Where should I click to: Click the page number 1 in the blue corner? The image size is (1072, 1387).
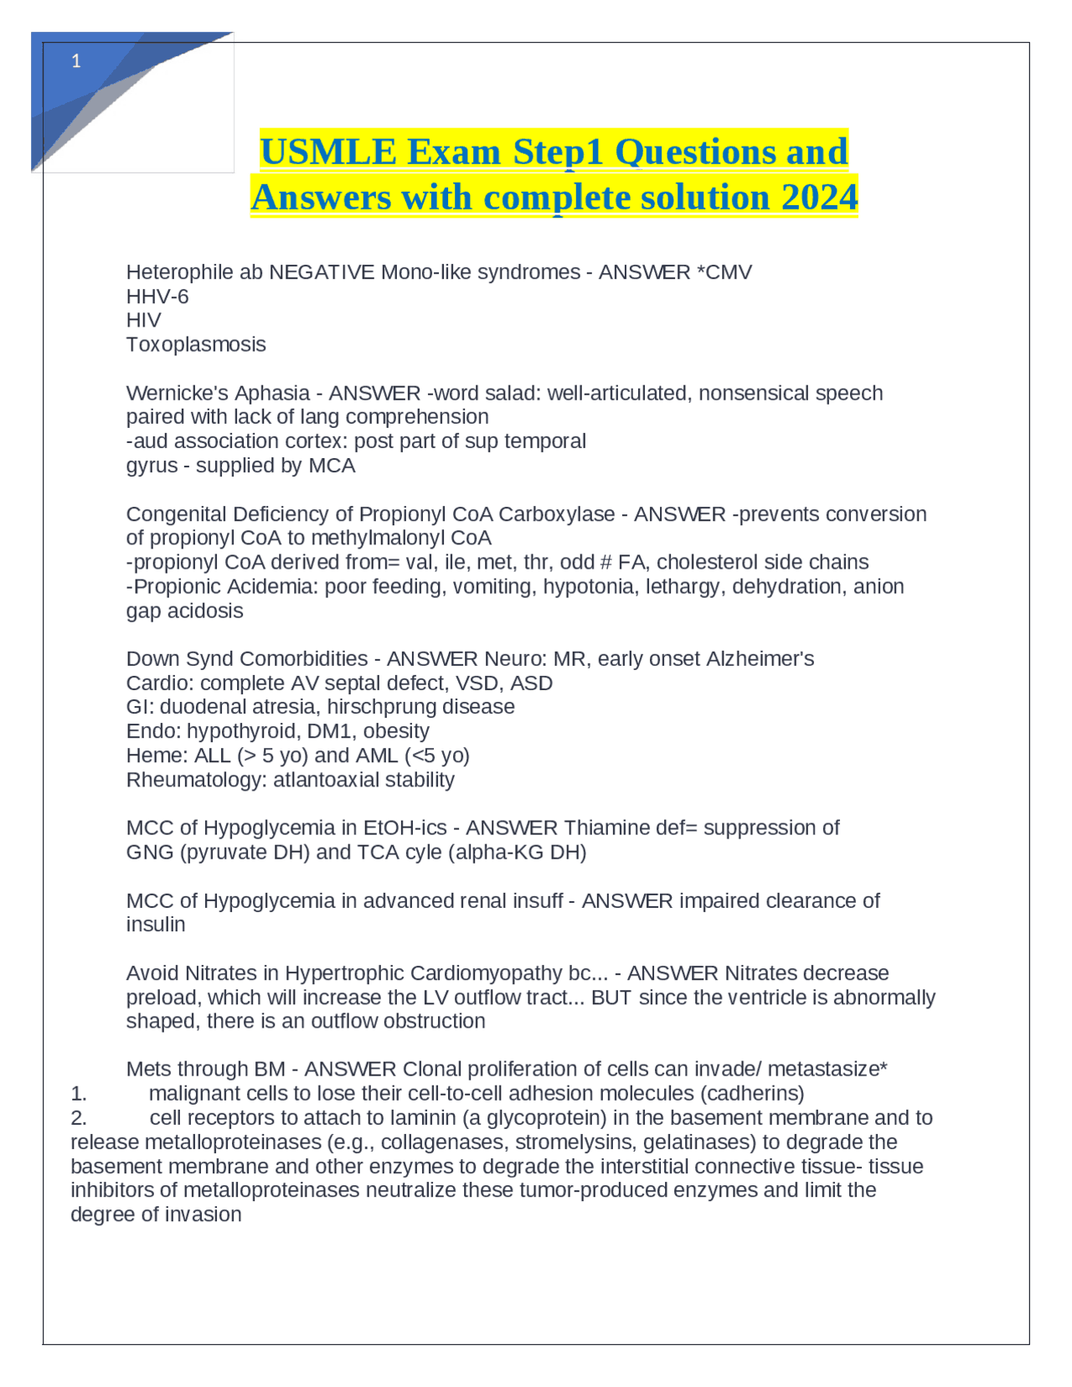(76, 61)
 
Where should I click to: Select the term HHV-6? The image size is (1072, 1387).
(157, 296)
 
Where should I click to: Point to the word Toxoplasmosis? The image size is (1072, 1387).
(196, 344)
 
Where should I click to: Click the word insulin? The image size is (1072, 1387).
(156, 925)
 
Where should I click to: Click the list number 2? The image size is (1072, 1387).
(78, 1118)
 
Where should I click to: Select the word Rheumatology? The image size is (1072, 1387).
(193, 780)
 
